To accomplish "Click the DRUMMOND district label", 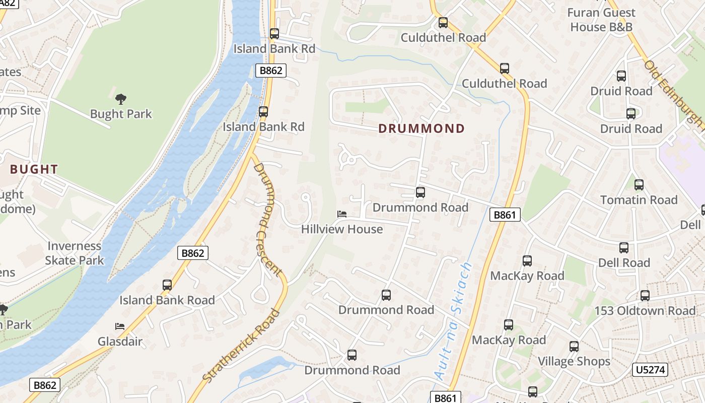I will (421, 128).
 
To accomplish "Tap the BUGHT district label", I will (34, 169).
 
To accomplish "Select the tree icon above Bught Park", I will (121, 99).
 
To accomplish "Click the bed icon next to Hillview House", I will (342, 214).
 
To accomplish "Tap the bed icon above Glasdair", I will (120, 326).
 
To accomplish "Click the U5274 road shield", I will (650, 370).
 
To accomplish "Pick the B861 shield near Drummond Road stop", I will (505, 215).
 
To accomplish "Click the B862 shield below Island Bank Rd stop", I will (271, 71).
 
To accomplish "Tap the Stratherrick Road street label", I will (242, 346).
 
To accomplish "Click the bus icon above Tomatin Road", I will (639, 185).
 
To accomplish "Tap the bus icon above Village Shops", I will (574, 347).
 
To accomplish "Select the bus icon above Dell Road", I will (624, 248).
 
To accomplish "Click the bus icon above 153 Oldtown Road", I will (645, 296).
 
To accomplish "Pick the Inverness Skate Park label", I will (75, 253).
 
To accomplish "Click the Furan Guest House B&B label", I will (601, 20).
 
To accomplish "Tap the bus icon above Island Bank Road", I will (167, 285).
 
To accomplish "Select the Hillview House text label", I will (342, 229).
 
